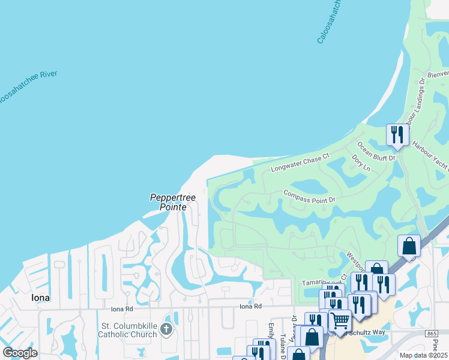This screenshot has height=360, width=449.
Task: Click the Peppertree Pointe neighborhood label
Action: (x=169, y=202)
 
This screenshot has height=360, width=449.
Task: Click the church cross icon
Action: (x=166, y=329)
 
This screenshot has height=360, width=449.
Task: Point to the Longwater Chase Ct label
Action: (x=300, y=161)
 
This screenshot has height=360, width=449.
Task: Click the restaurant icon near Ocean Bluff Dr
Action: (x=397, y=134)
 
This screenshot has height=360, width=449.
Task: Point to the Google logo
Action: (x=20, y=353)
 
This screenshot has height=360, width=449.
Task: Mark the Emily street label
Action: (x=271, y=332)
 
